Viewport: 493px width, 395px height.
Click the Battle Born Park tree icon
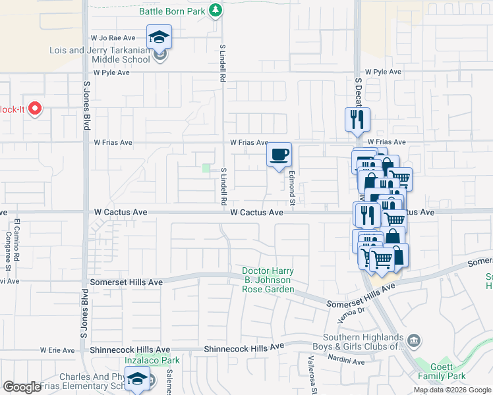215,11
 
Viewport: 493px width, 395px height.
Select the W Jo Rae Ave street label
114,38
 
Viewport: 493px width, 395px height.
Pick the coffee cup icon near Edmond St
279,154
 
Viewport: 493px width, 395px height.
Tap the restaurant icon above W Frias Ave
357,120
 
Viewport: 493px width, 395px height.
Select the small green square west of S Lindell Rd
206,169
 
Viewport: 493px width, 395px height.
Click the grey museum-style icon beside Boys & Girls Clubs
413,340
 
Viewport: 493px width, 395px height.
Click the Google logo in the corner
22,386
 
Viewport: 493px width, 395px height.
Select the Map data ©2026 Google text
451,390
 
